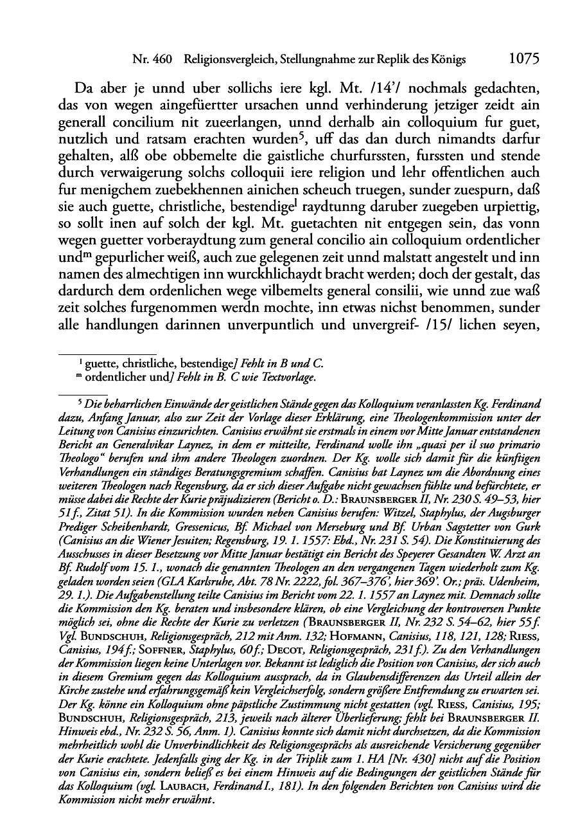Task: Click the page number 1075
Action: coord(523,59)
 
